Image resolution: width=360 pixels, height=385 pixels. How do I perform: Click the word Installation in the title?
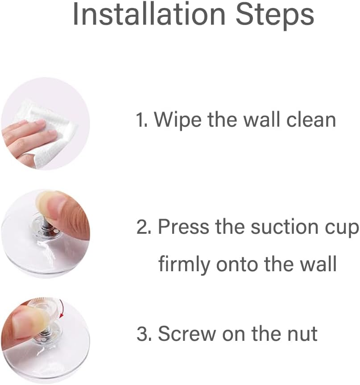[x=149, y=14]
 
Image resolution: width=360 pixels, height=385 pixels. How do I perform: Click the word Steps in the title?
[x=275, y=15]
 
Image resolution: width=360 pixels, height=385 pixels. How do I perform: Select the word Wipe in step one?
[x=178, y=120]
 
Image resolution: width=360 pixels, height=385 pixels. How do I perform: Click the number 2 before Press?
[x=144, y=226]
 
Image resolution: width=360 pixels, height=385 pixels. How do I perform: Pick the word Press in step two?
[x=184, y=226]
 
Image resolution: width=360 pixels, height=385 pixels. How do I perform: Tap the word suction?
[x=267, y=226]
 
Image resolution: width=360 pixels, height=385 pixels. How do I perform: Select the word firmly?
[x=184, y=265]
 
